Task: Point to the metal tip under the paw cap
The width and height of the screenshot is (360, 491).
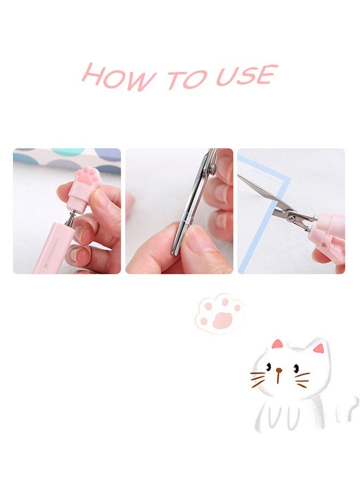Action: coord(70,218)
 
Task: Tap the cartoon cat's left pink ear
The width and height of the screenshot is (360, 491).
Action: coord(278,344)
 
